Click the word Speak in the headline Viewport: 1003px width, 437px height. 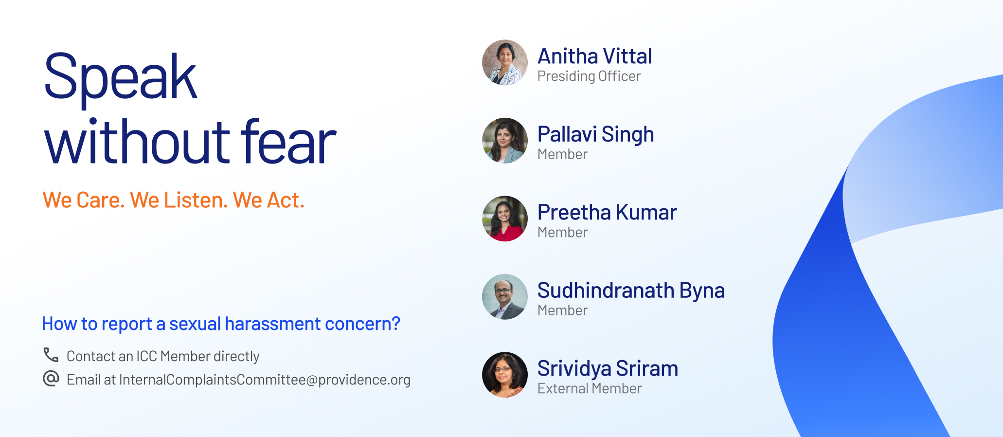click(120, 78)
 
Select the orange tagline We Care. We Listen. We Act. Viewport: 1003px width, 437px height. click(174, 200)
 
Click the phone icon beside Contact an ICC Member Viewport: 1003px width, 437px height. click(51, 355)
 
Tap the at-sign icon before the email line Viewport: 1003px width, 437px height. click(51, 378)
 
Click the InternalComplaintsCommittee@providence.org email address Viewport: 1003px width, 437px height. click(265, 380)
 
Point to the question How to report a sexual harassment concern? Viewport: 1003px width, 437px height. click(221, 324)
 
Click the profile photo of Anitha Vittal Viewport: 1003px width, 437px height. click(505, 63)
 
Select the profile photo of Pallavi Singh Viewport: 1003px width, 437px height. click(505, 141)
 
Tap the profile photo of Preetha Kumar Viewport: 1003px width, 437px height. click(505, 218)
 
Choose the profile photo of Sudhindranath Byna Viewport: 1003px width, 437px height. click(505, 297)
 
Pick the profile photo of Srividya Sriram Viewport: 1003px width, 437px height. click(505, 375)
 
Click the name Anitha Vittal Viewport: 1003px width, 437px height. click(594, 56)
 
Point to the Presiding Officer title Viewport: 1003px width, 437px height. click(589, 76)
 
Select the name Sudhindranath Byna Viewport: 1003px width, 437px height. click(631, 291)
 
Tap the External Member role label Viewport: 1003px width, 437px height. click(590, 389)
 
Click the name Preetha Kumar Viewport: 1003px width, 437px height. click(607, 213)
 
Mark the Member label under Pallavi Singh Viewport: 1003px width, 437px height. click(562, 154)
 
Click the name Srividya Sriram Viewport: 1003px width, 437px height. click(608, 369)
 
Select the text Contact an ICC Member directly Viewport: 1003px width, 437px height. click(163, 356)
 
